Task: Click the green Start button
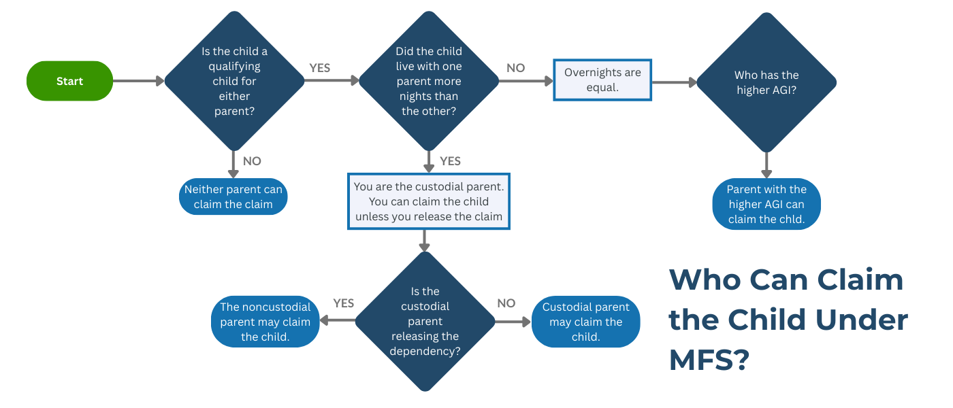(69, 81)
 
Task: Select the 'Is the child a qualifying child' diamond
(235, 81)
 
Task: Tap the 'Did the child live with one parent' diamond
(429, 81)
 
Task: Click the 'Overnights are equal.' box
(602, 80)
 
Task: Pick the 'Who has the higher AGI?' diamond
(766, 82)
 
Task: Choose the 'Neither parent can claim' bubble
(233, 197)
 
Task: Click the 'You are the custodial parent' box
(429, 201)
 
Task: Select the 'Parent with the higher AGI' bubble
(766, 204)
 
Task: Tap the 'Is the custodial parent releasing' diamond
(425, 321)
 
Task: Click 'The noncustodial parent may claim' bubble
(265, 322)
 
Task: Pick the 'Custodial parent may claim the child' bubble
(586, 322)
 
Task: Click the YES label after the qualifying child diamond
(320, 68)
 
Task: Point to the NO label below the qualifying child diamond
(252, 161)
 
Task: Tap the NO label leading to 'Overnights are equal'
(516, 68)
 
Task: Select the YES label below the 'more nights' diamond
(450, 161)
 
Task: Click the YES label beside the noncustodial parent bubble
(344, 303)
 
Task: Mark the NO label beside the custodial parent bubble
(506, 303)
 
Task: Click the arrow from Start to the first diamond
(138, 81)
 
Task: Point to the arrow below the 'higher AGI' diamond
(766, 165)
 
